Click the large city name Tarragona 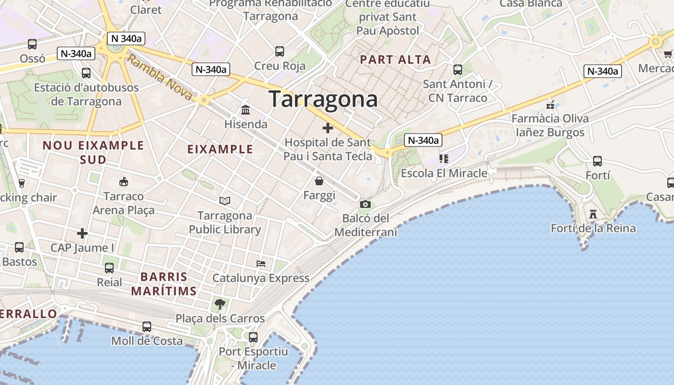323,99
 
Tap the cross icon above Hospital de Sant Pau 328,128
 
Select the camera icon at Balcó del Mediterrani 365,204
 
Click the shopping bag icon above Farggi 319,181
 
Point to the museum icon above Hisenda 246,110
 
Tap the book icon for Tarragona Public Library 224,201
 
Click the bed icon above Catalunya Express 261,264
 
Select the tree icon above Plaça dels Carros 220,304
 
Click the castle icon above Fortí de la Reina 593,214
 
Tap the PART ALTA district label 395,60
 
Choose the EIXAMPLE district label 220,149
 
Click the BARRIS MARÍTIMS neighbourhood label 164,284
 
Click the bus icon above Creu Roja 280,51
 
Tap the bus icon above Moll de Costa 147,327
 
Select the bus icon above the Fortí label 597,161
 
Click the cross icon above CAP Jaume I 82,233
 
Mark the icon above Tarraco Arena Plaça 124,181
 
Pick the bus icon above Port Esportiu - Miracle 253,337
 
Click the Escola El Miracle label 444,173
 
